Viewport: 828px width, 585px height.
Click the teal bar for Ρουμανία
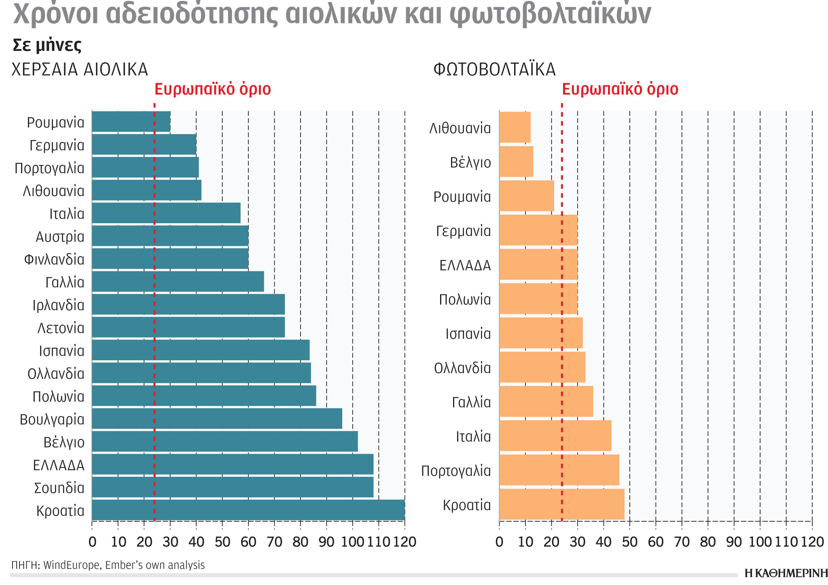(131, 122)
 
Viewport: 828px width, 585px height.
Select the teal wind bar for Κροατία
(248, 510)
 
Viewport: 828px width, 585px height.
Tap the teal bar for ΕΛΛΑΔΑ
(233, 465)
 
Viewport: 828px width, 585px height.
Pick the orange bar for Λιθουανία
(515, 127)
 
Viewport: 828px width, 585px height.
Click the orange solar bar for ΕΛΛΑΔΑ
(538, 264)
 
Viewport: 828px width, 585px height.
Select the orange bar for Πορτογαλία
(559, 470)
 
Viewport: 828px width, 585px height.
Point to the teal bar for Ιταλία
(166, 213)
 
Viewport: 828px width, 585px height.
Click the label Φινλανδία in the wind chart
(54, 259)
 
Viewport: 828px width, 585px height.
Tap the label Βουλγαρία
(52, 419)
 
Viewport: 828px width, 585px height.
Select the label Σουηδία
(59, 488)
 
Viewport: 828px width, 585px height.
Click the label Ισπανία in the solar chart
(468, 334)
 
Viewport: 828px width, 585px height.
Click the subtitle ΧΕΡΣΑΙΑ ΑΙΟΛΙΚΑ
(80, 70)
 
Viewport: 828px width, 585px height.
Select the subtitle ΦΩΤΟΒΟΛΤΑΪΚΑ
(494, 70)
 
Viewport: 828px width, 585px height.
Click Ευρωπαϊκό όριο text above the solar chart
(620, 89)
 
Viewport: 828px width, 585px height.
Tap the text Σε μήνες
(47, 45)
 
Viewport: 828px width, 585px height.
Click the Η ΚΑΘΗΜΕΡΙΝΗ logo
(786, 573)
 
